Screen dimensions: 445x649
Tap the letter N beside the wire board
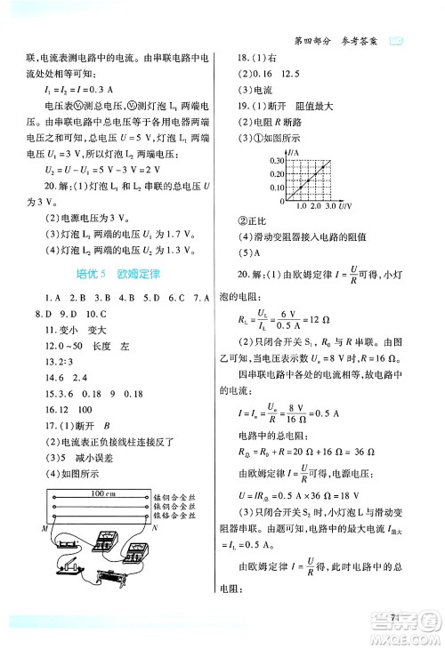click(148, 528)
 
